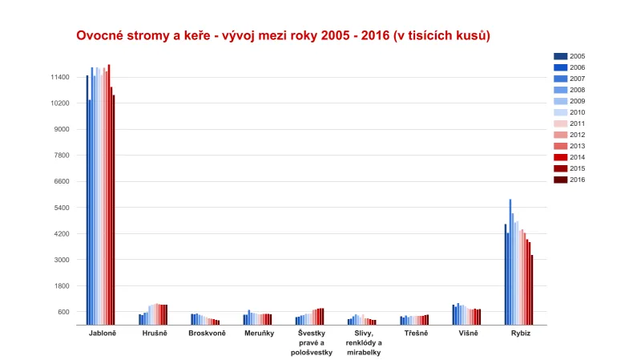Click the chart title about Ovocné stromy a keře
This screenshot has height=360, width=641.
pyautogui.click(x=283, y=36)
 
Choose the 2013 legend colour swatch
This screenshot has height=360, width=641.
pyautogui.click(x=560, y=146)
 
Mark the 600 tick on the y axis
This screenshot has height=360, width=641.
pyautogui.click(x=63, y=312)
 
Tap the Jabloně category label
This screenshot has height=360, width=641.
pyautogui.click(x=102, y=333)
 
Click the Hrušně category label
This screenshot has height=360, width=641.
pyautogui.click(x=154, y=333)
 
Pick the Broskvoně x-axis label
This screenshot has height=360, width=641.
pyautogui.click(x=207, y=333)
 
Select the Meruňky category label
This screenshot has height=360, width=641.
pyautogui.click(x=258, y=333)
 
